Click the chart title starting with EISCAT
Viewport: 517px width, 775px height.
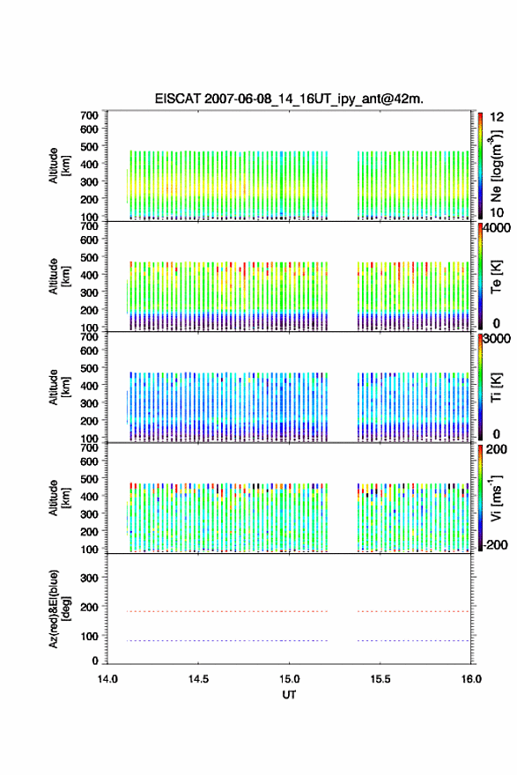pyautogui.click(x=289, y=99)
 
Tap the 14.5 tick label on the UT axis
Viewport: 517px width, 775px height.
pyautogui.click(x=198, y=679)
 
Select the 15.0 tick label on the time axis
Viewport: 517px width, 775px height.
pyautogui.click(x=289, y=679)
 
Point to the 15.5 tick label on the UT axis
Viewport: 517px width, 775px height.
pyautogui.click(x=380, y=679)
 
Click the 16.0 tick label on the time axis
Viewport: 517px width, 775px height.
pyautogui.click(x=471, y=679)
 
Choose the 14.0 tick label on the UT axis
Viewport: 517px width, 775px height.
pyautogui.click(x=107, y=679)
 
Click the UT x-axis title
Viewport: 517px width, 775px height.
pyautogui.click(x=289, y=695)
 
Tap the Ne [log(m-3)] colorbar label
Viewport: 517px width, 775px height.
pyautogui.click(x=496, y=166)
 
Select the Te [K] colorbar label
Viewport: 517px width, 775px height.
pyautogui.click(x=496, y=277)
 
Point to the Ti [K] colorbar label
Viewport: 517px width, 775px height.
pyautogui.click(x=496, y=387)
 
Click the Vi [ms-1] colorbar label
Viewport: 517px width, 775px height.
pyautogui.click(x=496, y=498)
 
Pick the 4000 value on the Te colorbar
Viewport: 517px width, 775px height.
pyautogui.click(x=497, y=228)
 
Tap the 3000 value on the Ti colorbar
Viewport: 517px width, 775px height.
pyautogui.click(x=497, y=338)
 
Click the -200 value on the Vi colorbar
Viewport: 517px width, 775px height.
pyautogui.click(x=495, y=544)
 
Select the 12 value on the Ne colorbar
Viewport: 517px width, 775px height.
pyautogui.click(x=497, y=117)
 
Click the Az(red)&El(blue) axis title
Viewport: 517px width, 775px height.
pyautogui.click(x=59, y=609)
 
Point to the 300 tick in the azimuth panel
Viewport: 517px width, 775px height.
pyautogui.click(x=90, y=578)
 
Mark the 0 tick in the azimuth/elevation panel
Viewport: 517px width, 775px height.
pyautogui.click(x=95, y=661)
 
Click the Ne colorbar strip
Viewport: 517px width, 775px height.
pyautogui.click(x=480, y=166)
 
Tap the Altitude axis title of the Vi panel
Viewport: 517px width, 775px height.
pyautogui.click(x=59, y=498)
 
